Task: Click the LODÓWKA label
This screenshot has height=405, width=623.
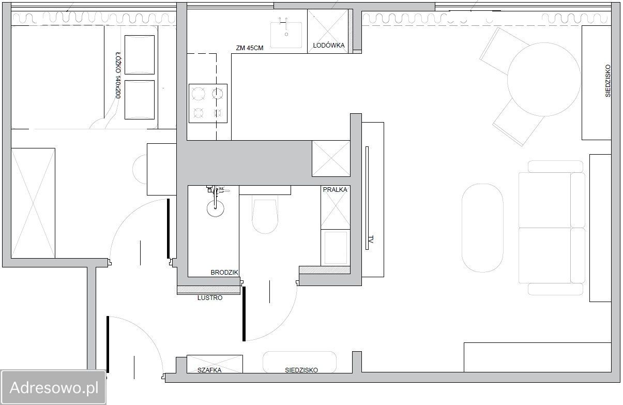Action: pos(328,45)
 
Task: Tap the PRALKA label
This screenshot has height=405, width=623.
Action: pos(335,190)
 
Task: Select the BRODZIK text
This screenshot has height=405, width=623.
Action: pos(224,272)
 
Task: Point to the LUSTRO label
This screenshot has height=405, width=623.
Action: pos(210,297)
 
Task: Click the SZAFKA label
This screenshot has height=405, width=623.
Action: pos(209,370)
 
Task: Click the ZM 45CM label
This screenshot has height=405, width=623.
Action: pos(250,48)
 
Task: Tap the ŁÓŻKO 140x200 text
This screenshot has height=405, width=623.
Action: pos(118,75)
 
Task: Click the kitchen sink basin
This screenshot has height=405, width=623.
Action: pos(286,35)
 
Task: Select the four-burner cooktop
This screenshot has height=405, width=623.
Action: pos(208,103)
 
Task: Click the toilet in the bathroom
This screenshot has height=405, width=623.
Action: pos(265,214)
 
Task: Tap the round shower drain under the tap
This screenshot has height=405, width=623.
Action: pos(215,208)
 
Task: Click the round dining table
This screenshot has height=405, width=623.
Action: pos(544,79)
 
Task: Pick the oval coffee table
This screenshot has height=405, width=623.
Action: pos(482,228)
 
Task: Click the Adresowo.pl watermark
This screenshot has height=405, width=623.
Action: pos(54,387)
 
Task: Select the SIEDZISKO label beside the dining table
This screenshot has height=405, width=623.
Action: pos(607,81)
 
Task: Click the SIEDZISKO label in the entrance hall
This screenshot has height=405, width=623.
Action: pos(301,370)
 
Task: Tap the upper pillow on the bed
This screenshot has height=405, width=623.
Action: pos(140,55)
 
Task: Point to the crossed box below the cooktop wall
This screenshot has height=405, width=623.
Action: pos(331,159)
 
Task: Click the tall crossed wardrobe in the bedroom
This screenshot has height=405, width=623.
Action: pos(33,203)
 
